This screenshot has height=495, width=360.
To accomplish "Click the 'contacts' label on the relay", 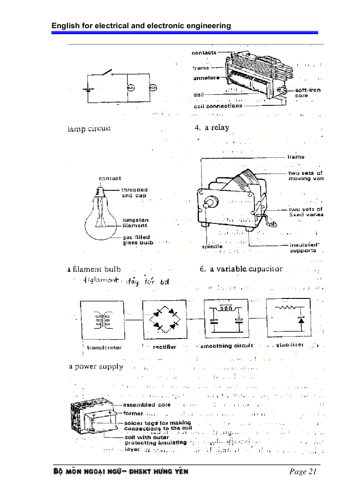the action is [204, 53].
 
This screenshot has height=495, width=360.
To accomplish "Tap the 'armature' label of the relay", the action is [206, 78].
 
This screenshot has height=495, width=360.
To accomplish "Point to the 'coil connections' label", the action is [218, 106].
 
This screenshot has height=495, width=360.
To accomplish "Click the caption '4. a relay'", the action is [212, 128].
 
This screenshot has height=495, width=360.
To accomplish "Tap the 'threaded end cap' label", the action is [135, 193].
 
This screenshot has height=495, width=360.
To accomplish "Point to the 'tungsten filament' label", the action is [135, 223].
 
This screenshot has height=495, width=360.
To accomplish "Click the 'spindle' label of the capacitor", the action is [212, 247].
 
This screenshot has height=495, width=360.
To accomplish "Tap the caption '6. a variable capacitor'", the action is [241, 269].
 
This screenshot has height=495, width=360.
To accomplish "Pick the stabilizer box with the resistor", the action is [289, 318].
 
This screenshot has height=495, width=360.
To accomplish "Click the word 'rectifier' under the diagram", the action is [165, 347].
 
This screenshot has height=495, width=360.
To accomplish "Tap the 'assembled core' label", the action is [146, 405].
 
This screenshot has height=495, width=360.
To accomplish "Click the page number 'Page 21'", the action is [303, 472].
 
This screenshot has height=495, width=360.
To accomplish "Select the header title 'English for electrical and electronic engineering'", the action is [141, 26].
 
